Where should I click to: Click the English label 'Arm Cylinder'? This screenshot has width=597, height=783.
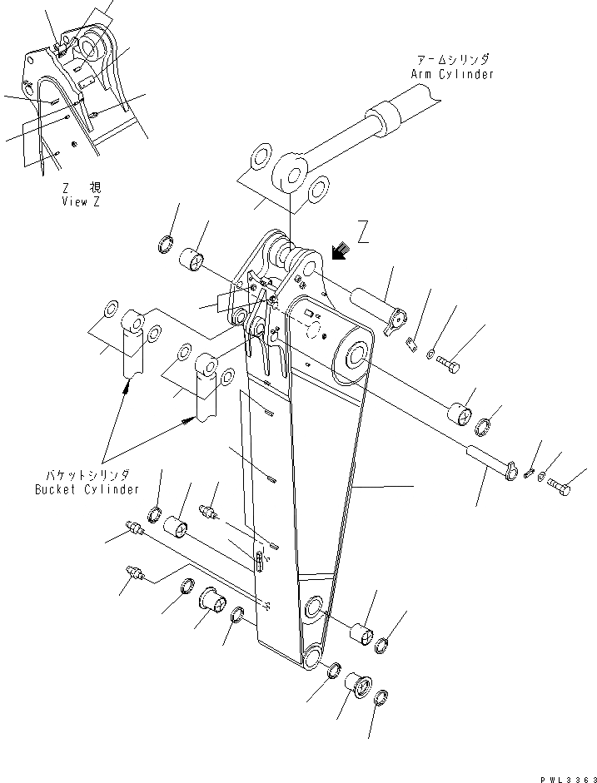click(451, 74)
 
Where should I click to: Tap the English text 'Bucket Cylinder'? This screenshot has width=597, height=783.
click(87, 489)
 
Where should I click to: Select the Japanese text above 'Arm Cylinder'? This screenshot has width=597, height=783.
click(454, 60)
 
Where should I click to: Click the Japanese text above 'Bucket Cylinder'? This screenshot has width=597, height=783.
click(87, 476)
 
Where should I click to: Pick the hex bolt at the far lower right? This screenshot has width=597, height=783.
click(559, 488)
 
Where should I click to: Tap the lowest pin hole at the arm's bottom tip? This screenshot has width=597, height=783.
click(313, 657)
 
